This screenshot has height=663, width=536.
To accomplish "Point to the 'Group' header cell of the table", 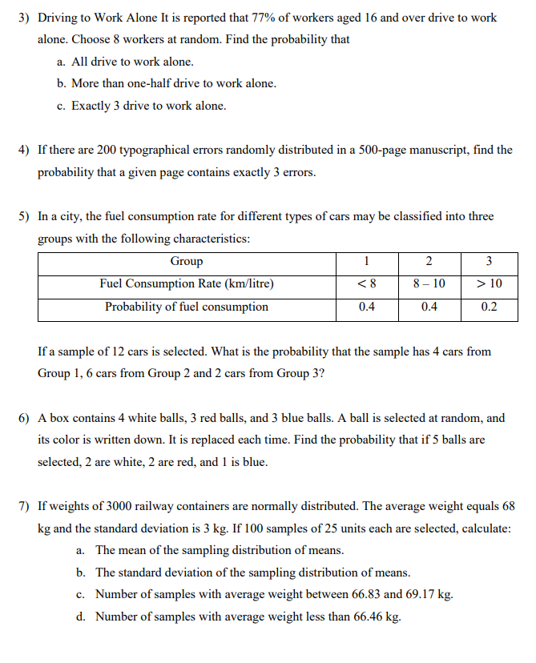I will point(186,262).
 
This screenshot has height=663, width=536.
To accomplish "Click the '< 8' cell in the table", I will point(366,284).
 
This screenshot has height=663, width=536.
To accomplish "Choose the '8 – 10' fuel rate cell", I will point(429,284).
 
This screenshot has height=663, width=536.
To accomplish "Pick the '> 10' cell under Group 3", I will point(489,284).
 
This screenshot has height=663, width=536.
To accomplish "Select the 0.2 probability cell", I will point(489,307).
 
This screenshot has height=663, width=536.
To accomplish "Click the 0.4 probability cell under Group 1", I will point(366,307).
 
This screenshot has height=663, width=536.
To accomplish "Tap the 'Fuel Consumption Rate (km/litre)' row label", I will point(186,284).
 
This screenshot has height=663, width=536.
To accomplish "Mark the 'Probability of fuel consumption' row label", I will point(186,307).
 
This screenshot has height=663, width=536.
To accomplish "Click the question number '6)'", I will point(24,418).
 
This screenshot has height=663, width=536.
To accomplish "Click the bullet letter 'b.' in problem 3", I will point(61,84).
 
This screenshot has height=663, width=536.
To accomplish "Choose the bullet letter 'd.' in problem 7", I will point(81,617).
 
